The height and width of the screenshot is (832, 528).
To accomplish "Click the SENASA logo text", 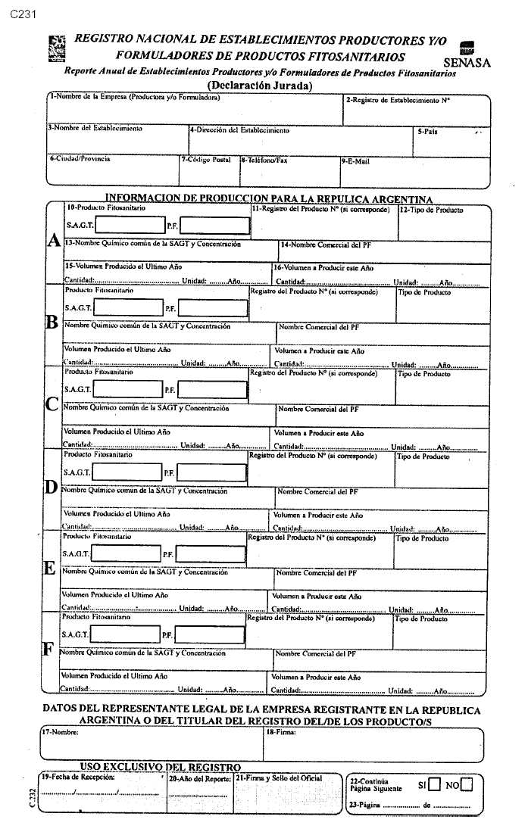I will point(467,62).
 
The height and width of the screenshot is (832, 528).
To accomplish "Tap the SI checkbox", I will point(434,784).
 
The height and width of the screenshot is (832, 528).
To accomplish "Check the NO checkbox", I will point(466,784).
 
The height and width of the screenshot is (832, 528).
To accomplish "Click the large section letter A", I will point(54,241).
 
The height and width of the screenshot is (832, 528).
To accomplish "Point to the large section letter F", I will point(48,650).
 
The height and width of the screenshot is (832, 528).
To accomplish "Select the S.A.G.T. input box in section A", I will point(128,226).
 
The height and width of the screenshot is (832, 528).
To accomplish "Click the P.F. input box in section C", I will point(212,389).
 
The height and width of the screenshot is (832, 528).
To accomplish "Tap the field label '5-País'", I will point(427,131).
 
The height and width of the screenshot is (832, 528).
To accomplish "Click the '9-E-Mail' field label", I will point(355,160).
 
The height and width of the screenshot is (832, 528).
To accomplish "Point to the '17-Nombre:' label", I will point(61,733).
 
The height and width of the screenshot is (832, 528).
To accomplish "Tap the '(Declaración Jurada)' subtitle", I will point(259,86).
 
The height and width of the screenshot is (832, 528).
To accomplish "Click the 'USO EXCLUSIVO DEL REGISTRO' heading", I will point(160,767).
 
